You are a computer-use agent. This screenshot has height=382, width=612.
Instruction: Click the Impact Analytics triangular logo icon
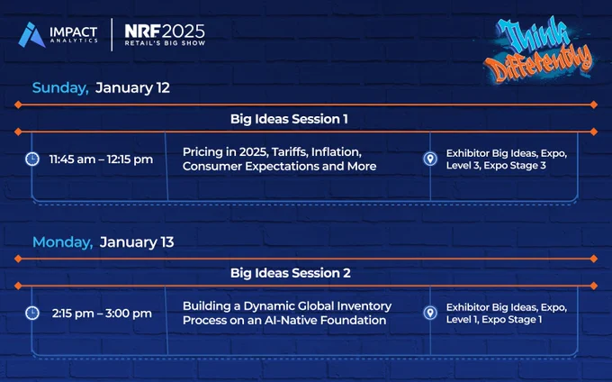coord(31,35)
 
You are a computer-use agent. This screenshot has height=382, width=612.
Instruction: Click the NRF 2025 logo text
coord(165,32)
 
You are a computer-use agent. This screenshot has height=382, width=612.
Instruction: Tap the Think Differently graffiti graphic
coord(539,50)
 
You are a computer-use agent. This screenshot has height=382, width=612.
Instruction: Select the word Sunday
coord(60,88)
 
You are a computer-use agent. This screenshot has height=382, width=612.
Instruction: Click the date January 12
coord(132,87)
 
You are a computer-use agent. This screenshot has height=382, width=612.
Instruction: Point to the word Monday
coord(63,242)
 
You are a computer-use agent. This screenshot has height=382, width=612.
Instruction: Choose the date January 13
coord(137,242)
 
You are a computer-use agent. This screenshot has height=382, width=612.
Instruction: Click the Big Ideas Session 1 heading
coord(289,119)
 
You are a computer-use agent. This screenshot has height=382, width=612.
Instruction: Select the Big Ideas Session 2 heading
coord(291,273)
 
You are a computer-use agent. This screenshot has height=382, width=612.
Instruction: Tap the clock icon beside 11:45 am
coord(32,159)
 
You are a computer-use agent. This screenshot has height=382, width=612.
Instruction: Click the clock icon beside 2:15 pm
coord(32,313)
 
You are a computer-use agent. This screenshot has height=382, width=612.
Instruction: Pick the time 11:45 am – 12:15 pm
coord(101,159)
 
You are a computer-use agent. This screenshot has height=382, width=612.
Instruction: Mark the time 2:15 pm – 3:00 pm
coord(102,314)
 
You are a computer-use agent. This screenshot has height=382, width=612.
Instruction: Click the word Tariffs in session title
coord(289,151)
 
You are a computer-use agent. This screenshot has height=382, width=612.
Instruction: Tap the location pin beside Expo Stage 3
coord(430,159)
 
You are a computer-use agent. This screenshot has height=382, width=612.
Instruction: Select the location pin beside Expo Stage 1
coord(430,313)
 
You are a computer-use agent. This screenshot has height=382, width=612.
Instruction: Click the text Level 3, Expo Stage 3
coord(496,165)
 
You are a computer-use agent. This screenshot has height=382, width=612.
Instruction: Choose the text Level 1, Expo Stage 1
coord(494,319)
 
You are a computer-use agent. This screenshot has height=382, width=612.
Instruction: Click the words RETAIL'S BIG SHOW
coord(165,43)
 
